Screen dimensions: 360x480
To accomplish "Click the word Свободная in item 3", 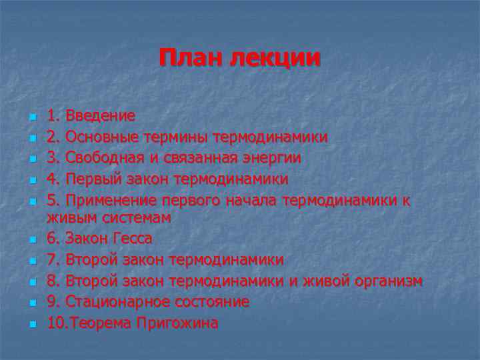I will [x=107, y=158].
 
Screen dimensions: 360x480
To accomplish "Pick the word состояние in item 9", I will [x=211, y=302].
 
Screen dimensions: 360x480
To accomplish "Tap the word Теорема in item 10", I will [x=104, y=323].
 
